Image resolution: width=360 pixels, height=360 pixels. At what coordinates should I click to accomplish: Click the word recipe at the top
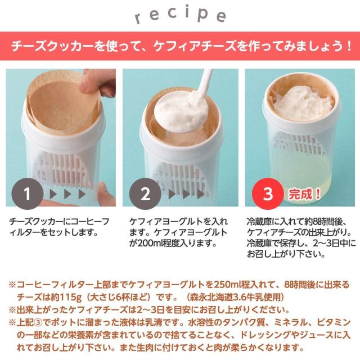pyautogui.click(x=181, y=15)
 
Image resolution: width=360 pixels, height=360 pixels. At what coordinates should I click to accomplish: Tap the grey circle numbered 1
pyautogui.click(x=28, y=193)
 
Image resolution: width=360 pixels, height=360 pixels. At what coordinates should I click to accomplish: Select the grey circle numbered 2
pyautogui.click(x=145, y=193)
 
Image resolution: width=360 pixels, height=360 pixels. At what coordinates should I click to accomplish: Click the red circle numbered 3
pyautogui.click(x=268, y=193)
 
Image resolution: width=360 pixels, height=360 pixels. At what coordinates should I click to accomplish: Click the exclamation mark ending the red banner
pyautogui.click(x=349, y=46)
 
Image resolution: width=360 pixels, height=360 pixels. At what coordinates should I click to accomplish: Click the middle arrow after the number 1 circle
pyautogui.click(x=67, y=194)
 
